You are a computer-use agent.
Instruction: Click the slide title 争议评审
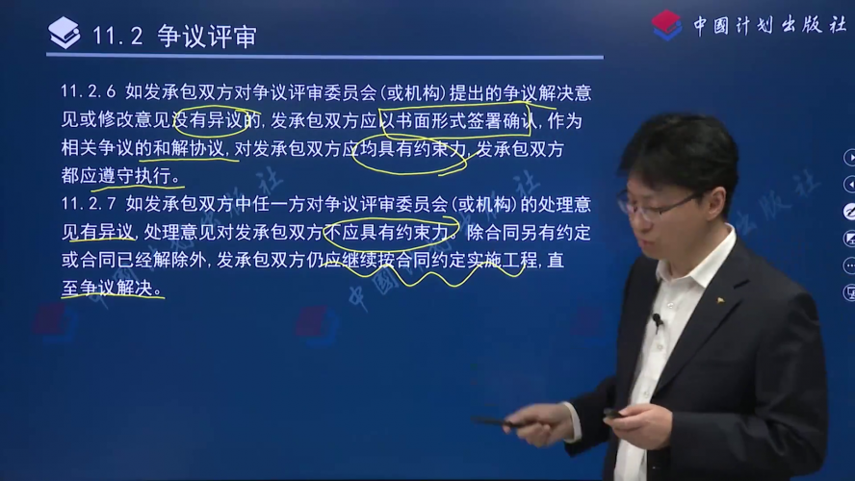click(x=207, y=37)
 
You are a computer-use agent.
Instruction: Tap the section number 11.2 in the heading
click(x=117, y=37)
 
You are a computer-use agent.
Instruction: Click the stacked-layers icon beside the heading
click(x=65, y=33)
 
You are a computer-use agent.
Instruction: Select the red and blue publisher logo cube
click(x=666, y=26)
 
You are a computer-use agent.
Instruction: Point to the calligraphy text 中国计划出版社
click(x=769, y=25)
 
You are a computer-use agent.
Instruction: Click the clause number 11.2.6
click(x=89, y=91)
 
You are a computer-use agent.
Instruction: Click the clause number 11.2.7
click(x=89, y=204)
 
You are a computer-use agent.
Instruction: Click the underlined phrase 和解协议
click(x=188, y=148)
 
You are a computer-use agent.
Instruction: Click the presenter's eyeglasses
click(x=657, y=205)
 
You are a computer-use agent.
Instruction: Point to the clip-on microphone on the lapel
click(x=658, y=321)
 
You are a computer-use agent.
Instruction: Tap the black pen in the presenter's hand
click(x=494, y=421)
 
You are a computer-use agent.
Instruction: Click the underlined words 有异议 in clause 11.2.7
click(x=107, y=233)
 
